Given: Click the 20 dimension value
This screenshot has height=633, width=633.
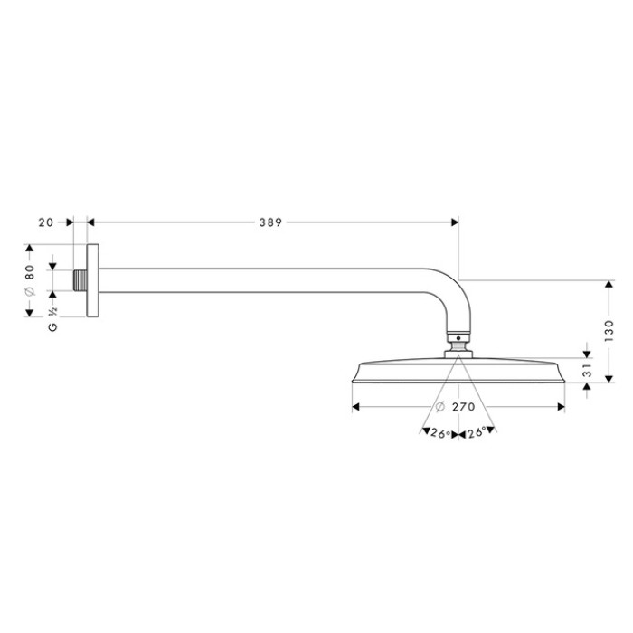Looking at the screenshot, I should pyautogui.click(x=47, y=222).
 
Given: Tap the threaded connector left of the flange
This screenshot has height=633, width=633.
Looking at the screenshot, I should pyautogui.click(x=80, y=281).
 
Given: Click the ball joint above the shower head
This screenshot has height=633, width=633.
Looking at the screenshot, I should pyautogui.click(x=458, y=345).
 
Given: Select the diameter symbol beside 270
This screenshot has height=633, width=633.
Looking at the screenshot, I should pyautogui.click(x=439, y=407).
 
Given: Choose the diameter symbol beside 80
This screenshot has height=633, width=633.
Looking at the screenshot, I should pyautogui.click(x=29, y=292).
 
